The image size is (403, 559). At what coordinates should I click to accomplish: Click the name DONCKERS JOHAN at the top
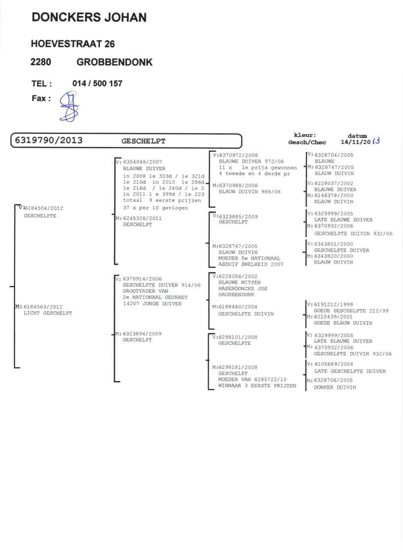[89, 18]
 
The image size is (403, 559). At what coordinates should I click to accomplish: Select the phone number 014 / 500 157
[97, 84]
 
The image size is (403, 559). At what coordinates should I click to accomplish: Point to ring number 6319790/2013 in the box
[49, 140]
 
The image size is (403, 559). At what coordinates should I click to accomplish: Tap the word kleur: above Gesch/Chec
[305, 135]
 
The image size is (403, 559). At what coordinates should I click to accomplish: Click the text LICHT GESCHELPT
[48, 313]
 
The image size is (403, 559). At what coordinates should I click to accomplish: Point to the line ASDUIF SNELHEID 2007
[251, 265]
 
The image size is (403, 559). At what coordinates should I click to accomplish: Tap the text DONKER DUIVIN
[334, 387]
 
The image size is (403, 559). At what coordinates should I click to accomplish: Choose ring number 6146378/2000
[333, 195]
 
